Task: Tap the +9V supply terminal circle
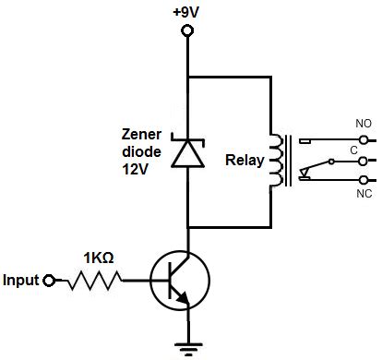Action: point(188,31)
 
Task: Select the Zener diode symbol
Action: point(188,151)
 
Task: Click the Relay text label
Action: point(244,160)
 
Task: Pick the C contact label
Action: point(352,147)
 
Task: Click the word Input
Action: point(22,280)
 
